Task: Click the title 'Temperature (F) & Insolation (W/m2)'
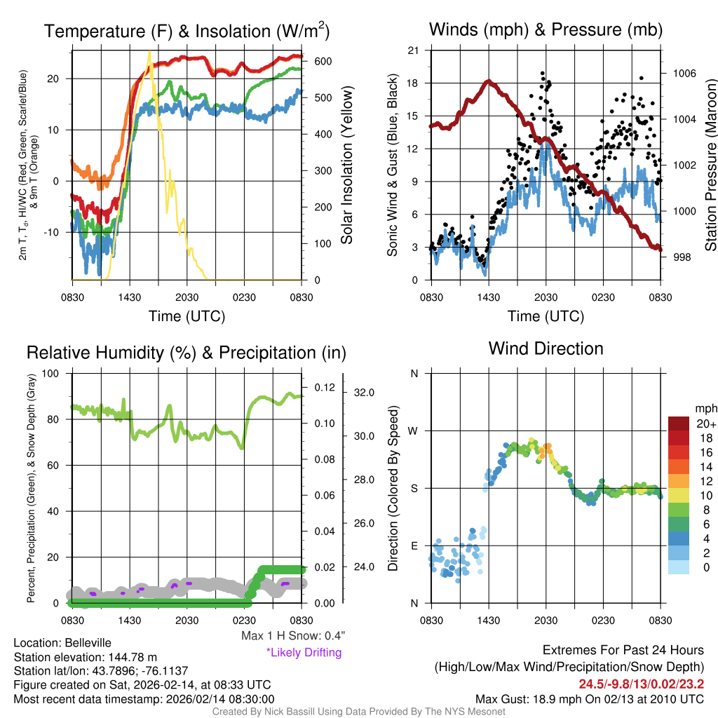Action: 187,31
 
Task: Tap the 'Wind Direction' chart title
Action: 546,348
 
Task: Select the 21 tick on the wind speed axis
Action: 413,50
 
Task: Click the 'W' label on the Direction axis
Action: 414,431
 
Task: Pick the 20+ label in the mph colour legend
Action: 705,424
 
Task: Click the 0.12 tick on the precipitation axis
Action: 324,387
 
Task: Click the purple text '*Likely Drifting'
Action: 304,653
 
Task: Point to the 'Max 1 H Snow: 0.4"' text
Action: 293,636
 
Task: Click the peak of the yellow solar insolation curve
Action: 149,53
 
